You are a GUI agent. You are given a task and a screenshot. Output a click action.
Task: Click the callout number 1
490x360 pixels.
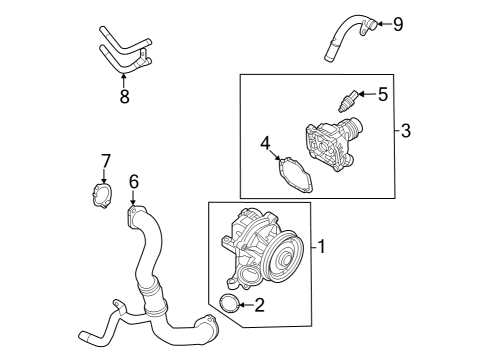click(322, 246)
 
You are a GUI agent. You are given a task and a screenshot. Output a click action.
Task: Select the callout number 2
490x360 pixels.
click(259, 305)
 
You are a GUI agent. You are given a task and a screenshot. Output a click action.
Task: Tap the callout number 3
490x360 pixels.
click(406, 131)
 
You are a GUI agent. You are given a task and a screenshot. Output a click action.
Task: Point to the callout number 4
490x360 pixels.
click(265, 142)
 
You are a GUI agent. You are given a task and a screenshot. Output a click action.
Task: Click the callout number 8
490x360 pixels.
click(124, 97)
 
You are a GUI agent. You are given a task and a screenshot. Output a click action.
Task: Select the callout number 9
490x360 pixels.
click(397, 24)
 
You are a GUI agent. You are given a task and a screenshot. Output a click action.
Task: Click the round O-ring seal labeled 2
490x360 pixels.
click(228, 305)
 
